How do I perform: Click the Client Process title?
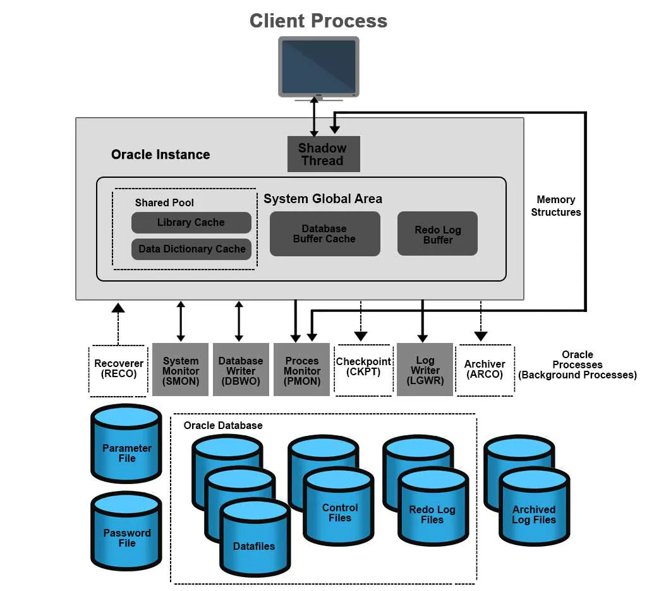coord(318,20)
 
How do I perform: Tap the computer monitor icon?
coord(318,67)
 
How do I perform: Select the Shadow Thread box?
coord(323,154)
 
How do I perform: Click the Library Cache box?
coord(191,223)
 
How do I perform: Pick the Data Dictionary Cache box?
coord(191,249)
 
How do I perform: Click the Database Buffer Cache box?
coord(324,233)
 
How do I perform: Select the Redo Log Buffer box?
coord(437,234)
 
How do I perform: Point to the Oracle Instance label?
coord(160,154)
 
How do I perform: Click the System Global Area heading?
coord(323,199)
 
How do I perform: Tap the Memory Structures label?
coord(555,206)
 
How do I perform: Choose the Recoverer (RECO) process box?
coord(119,369)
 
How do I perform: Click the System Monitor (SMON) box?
coord(181,370)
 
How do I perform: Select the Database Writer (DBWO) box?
coord(241,370)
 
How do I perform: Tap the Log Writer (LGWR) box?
coord(425,370)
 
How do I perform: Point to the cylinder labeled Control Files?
coord(340,509)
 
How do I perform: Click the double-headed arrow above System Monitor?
coord(181,321)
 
